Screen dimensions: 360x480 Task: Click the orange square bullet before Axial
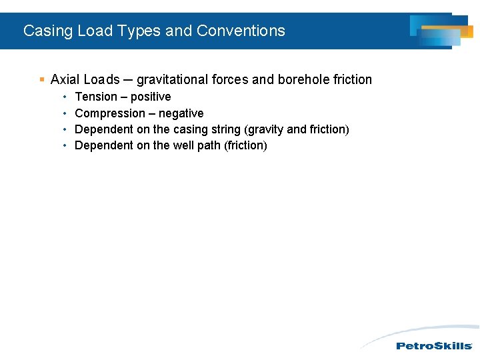pos(42,80)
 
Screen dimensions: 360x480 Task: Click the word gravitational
pos(172,80)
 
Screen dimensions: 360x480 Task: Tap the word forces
pos(231,80)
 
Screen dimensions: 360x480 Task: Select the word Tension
pos(96,97)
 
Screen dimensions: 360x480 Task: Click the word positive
pos(151,97)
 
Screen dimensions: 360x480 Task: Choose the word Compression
pos(110,113)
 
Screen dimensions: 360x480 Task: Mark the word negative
pos(181,113)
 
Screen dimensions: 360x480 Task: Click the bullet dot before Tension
pos(65,97)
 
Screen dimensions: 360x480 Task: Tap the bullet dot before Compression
pos(65,113)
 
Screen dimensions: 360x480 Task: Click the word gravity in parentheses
pos(265,129)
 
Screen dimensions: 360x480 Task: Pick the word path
pos(209,145)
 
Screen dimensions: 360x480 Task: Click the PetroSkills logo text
pos(434,346)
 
